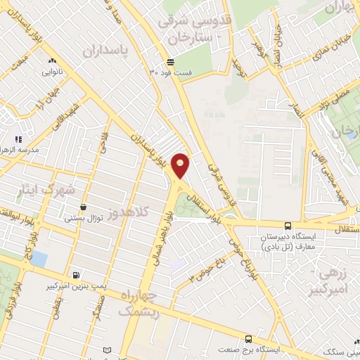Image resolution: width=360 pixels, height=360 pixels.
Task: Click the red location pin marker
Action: [181, 165]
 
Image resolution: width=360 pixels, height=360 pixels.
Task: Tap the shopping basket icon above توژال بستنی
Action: [84, 207]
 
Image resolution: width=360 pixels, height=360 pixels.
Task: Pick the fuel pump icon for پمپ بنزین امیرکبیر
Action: [76, 275]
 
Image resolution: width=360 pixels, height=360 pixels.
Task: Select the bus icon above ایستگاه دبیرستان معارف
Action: [288, 226]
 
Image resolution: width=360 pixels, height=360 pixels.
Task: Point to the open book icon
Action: [107, 350]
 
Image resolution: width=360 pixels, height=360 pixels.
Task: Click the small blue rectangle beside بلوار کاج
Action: [39, 259]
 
